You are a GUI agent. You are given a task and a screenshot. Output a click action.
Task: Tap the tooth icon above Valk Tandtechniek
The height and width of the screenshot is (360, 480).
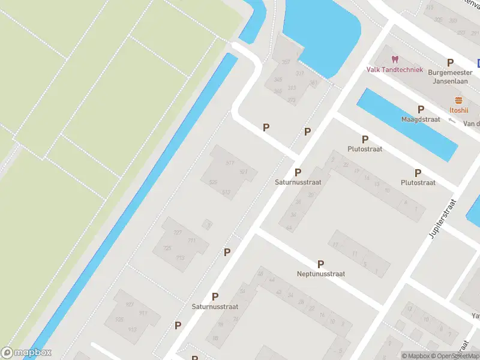tap(395, 59)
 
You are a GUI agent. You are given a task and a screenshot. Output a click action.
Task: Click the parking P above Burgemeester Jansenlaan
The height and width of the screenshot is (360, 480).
tap(450, 62)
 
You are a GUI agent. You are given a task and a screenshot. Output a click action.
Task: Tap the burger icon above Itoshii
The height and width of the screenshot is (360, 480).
tap(459, 100)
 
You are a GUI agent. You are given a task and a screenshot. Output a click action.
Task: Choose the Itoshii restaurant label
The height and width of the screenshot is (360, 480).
tap(459, 110)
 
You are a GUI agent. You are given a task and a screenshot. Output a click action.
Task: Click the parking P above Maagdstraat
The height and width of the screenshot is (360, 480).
tap(421, 109)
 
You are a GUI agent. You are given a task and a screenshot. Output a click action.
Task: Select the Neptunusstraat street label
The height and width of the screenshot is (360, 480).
tap(321, 274)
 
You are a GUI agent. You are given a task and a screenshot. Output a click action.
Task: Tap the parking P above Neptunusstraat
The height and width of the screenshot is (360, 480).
tap(320, 264)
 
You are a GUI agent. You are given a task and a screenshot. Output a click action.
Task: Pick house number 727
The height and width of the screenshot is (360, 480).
tap(177, 232)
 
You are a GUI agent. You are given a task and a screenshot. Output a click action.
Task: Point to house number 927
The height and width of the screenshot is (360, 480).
tap(129, 304)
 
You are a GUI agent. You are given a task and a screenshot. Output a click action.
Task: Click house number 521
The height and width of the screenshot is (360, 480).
tap(243, 172)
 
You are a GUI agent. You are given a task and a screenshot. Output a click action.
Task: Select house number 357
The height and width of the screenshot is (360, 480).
tap(286, 62)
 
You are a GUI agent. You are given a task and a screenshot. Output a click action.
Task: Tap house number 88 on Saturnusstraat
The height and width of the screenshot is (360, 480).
tap(215, 338)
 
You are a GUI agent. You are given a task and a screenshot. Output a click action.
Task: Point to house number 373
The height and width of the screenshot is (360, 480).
tap(292, 100)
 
